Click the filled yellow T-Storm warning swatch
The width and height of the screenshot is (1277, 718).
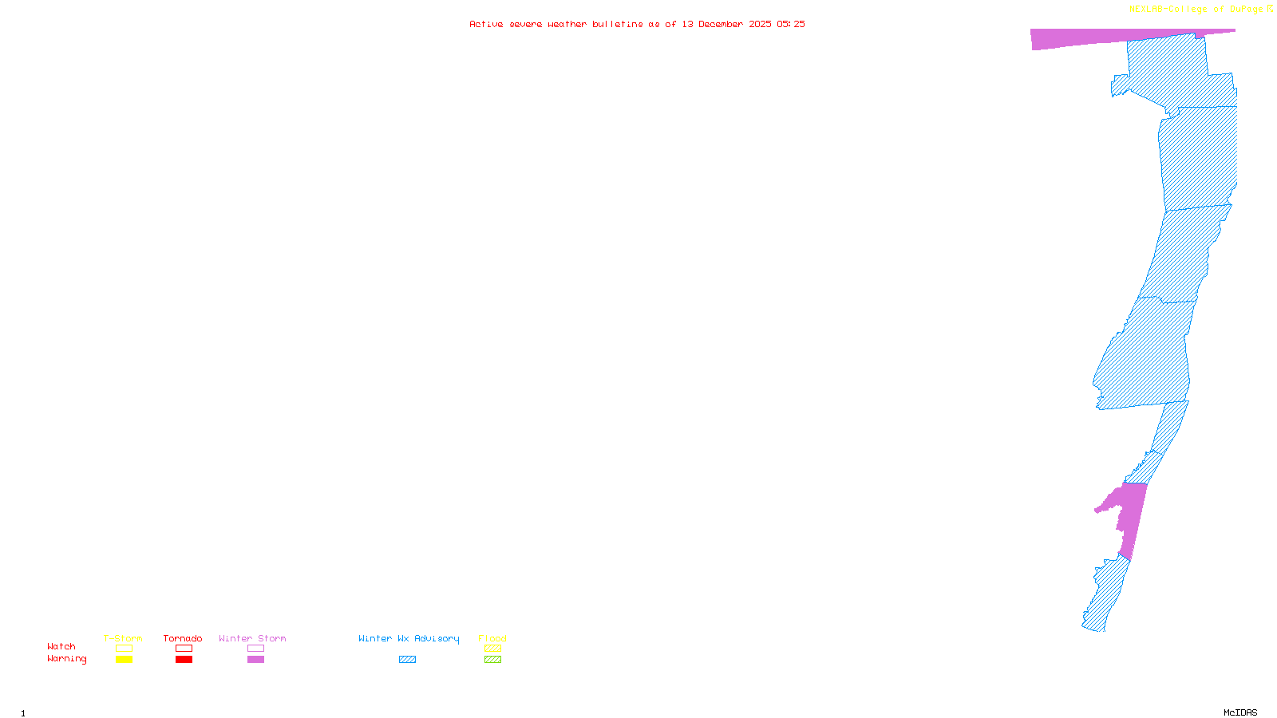(124, 660)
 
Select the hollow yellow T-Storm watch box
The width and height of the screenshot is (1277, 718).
(124, 649)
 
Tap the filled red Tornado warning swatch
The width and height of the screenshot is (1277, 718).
(184, 660)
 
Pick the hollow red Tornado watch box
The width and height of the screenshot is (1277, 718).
(184, 649)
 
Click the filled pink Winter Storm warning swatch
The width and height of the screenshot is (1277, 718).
(255, 660)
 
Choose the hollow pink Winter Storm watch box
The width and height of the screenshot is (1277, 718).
(255, 649)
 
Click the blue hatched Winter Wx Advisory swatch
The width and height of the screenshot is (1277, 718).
(407, 660)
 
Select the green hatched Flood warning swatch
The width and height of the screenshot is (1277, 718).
(492, 660)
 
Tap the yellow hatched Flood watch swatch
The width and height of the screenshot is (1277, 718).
(492, 649)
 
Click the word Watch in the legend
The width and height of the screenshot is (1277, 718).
(61, 647)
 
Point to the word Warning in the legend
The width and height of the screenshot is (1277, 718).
(67, 659)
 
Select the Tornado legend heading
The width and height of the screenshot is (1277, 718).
(183, 638)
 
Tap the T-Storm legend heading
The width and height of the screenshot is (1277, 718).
(123, 638)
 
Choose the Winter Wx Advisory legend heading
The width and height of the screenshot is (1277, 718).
(409, 638)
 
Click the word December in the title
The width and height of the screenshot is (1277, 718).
(721, 24)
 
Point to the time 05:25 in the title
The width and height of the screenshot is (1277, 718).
(790, 24)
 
